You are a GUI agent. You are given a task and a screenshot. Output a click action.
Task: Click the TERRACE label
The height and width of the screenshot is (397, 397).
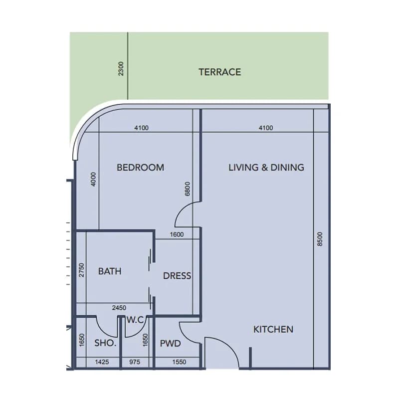pyautogui.click(x=219, y=72)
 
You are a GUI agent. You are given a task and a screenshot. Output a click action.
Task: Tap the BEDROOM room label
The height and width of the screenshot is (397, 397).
pyautogui.click(x=140, y=168)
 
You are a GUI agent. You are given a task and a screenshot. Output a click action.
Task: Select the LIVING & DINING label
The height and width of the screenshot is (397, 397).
pyautogui.click(x=266, y=168)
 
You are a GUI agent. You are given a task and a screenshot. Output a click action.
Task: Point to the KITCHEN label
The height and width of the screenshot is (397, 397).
pyautogui.click(x=273, y=329)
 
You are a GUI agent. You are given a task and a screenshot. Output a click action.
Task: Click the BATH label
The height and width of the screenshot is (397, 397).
pyautogui.click(x=110, y=271)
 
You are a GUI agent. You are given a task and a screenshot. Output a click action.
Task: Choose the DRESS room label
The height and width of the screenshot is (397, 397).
pyautogui.click(x=177, y=276)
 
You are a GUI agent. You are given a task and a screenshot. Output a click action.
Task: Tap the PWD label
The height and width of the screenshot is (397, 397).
pyautogui.click(x=171, y=344)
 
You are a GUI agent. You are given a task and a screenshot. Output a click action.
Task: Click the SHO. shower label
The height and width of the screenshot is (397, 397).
pyautogui.click(x=105, y=343)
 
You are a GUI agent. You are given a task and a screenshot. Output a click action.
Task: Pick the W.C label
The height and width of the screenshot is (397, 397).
pyautogui.click(x=135, y=320)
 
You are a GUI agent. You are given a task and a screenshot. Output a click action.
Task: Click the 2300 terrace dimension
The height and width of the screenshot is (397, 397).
pyautogui.click(x=121, y=69)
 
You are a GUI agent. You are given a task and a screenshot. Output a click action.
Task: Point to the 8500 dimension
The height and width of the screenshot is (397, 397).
pyautogui.click(x=320, y=239)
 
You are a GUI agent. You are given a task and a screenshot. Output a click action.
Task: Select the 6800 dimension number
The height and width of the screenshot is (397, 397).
pyautogui.click(x=188, y=189)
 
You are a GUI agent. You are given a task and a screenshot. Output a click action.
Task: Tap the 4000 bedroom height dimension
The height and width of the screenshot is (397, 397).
pyautogui.click(x=93, y=179)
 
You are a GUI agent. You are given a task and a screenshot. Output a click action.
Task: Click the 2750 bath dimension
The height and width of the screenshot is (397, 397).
pyautogui.click(x=81, y=270)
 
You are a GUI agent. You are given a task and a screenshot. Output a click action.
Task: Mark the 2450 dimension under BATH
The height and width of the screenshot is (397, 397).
pyautogui.click(x=119, y=308)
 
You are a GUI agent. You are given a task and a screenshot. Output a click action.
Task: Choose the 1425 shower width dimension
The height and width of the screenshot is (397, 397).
pyautogui.click(x=102, y=362)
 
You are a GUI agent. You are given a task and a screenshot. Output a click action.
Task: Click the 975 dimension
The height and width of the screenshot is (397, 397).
pyautogui.click(x=135, y=362)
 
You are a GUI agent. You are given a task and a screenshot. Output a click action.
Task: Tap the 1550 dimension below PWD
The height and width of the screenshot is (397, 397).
pyautogui.click(x=179, y=362)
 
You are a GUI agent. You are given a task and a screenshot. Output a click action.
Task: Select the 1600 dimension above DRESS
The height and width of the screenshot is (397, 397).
pyautogui.click(x=177, y=235)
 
